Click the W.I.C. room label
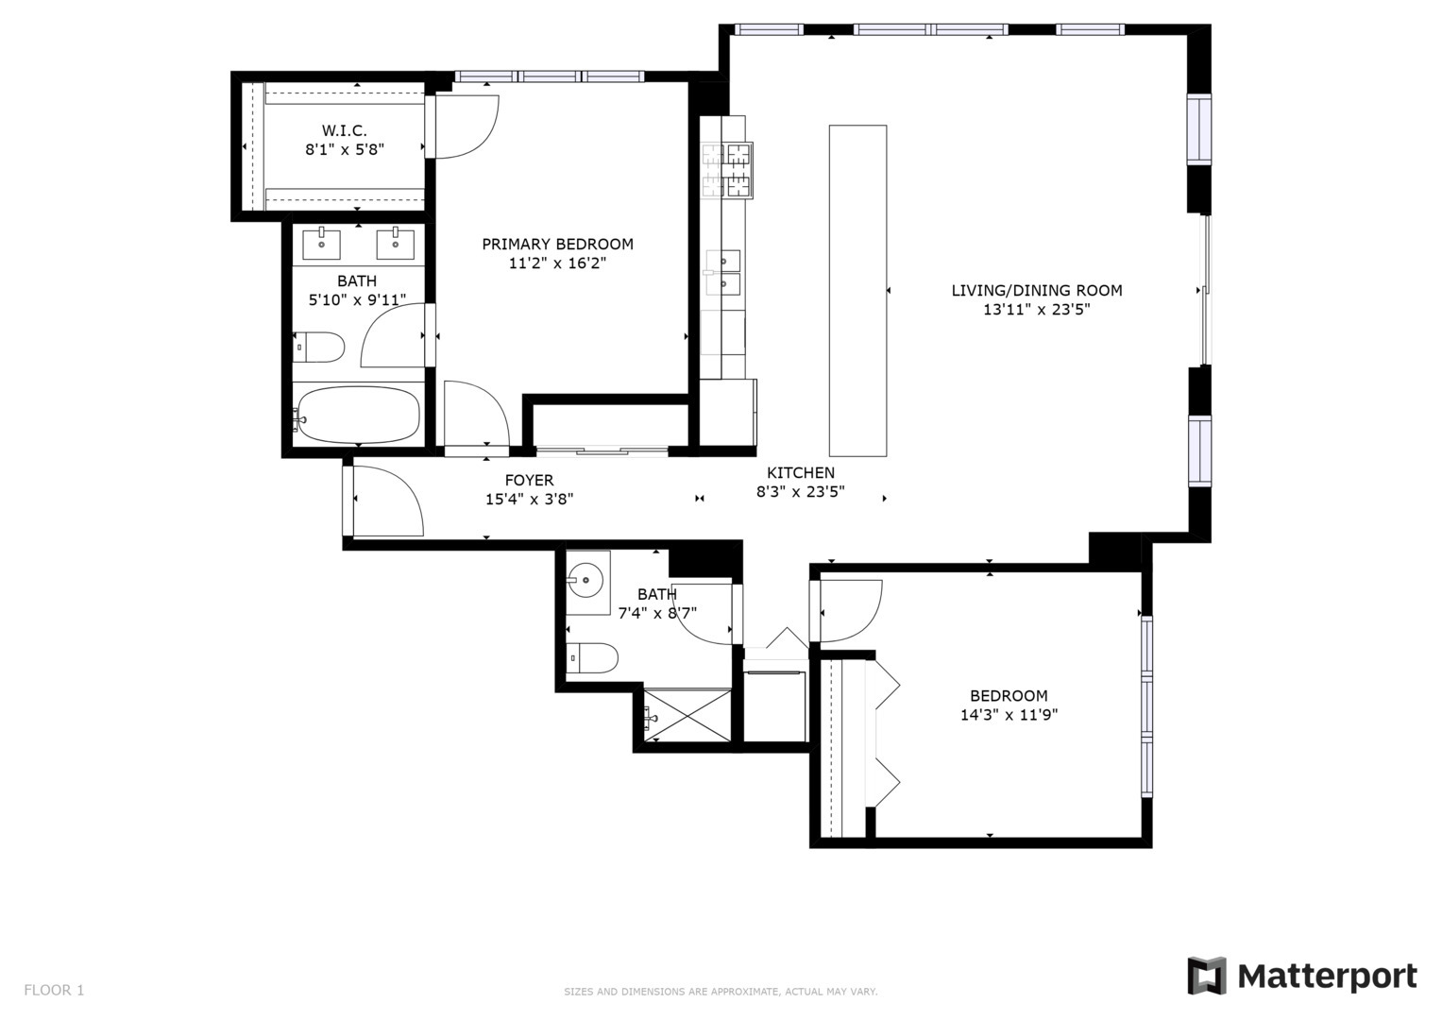click(345, 130)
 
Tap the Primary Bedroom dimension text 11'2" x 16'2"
click(557, 263)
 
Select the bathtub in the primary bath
click(358, 416)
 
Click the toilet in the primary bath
click(318, 348)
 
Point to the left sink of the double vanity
click(321, 244)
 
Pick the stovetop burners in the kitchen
click(727, 170)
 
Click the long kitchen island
click(857, 291)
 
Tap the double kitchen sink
click(723, 272)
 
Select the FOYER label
click(529, 481)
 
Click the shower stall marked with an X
click(687, 716)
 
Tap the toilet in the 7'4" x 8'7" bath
click(593, 658)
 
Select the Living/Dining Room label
click(1037, 291)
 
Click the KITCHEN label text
click(801, 472)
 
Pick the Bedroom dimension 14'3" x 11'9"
click(1009, 715)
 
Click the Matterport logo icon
click(1206, 976)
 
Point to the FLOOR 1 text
click(54, 991)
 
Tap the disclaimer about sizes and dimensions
click(721, 993)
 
